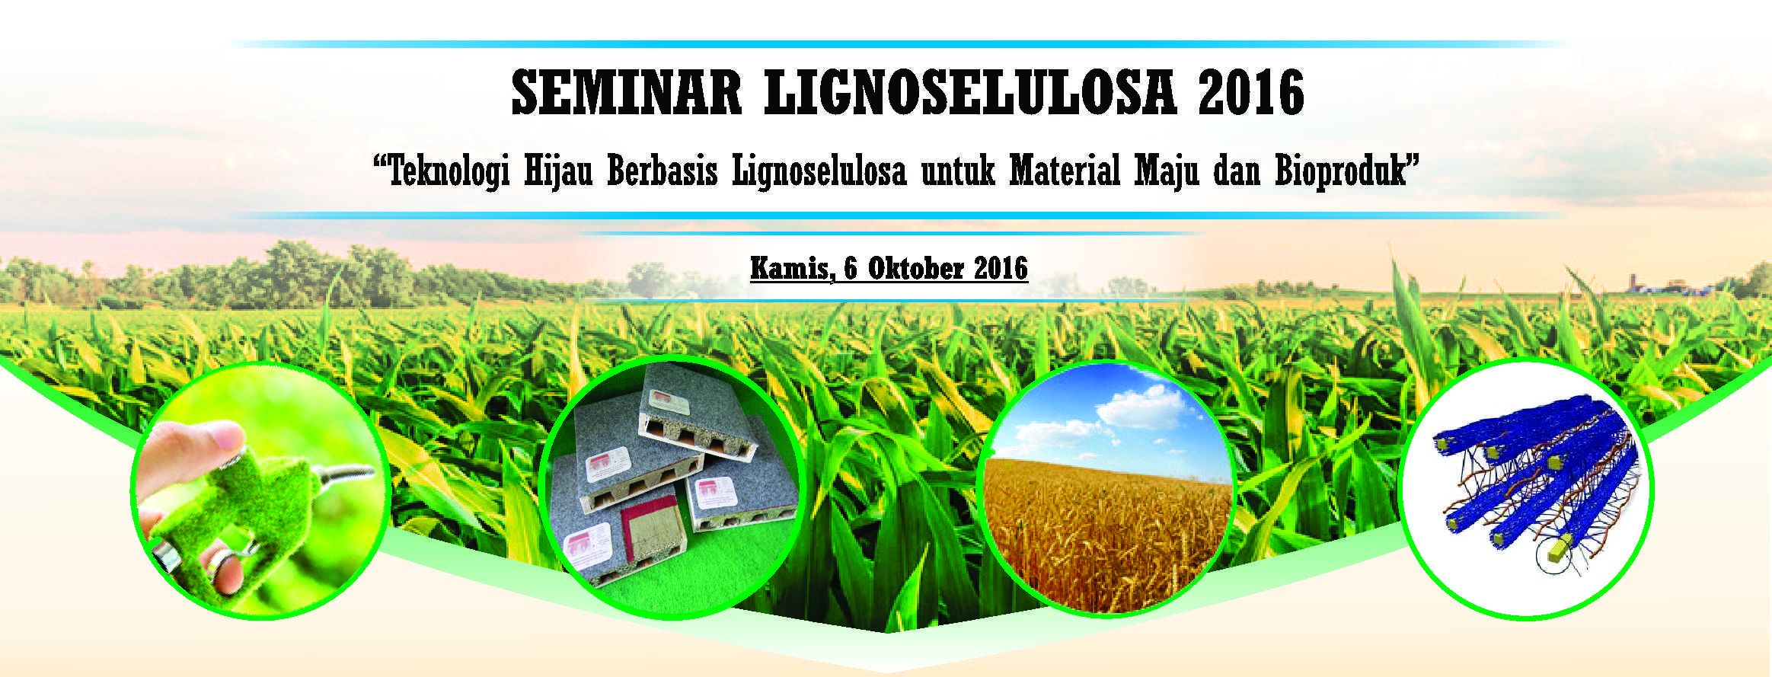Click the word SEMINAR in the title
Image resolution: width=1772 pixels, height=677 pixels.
click(x=626, y=93)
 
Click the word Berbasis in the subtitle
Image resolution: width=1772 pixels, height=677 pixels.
click(x=662, y=171)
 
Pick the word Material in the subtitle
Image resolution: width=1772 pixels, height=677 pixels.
click(x=1065, y=171)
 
